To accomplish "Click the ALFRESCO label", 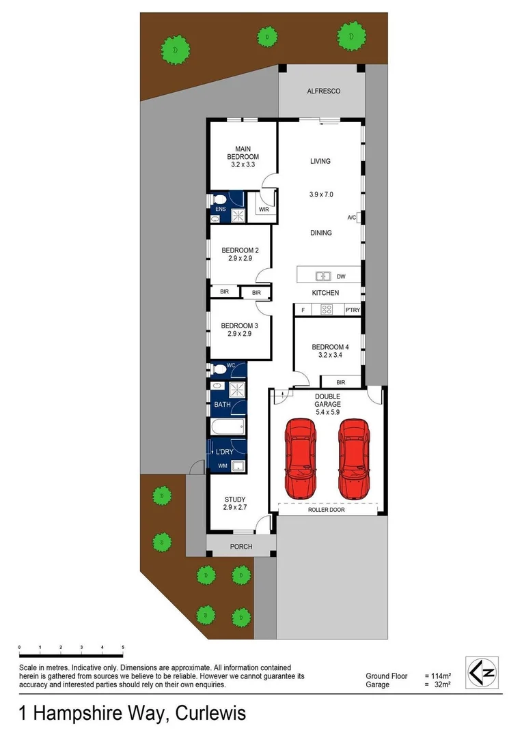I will coord(323,91).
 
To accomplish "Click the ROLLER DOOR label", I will coord(327,510).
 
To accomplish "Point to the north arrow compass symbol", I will coord(482,673).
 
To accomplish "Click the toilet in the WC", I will coord(218,370).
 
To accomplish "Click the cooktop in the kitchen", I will coord(327,310).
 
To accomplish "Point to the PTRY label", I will coord(353,310).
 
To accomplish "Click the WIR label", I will coord(264,210).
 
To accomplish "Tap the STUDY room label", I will coord(234,500).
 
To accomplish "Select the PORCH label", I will coord(241,547).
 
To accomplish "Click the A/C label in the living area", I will coord(351,218).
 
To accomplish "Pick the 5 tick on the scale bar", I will coord(123,646).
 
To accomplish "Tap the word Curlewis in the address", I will coord(210,714).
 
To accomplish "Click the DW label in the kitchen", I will coord(341,276).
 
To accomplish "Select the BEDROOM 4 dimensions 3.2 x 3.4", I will coord(327,356).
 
